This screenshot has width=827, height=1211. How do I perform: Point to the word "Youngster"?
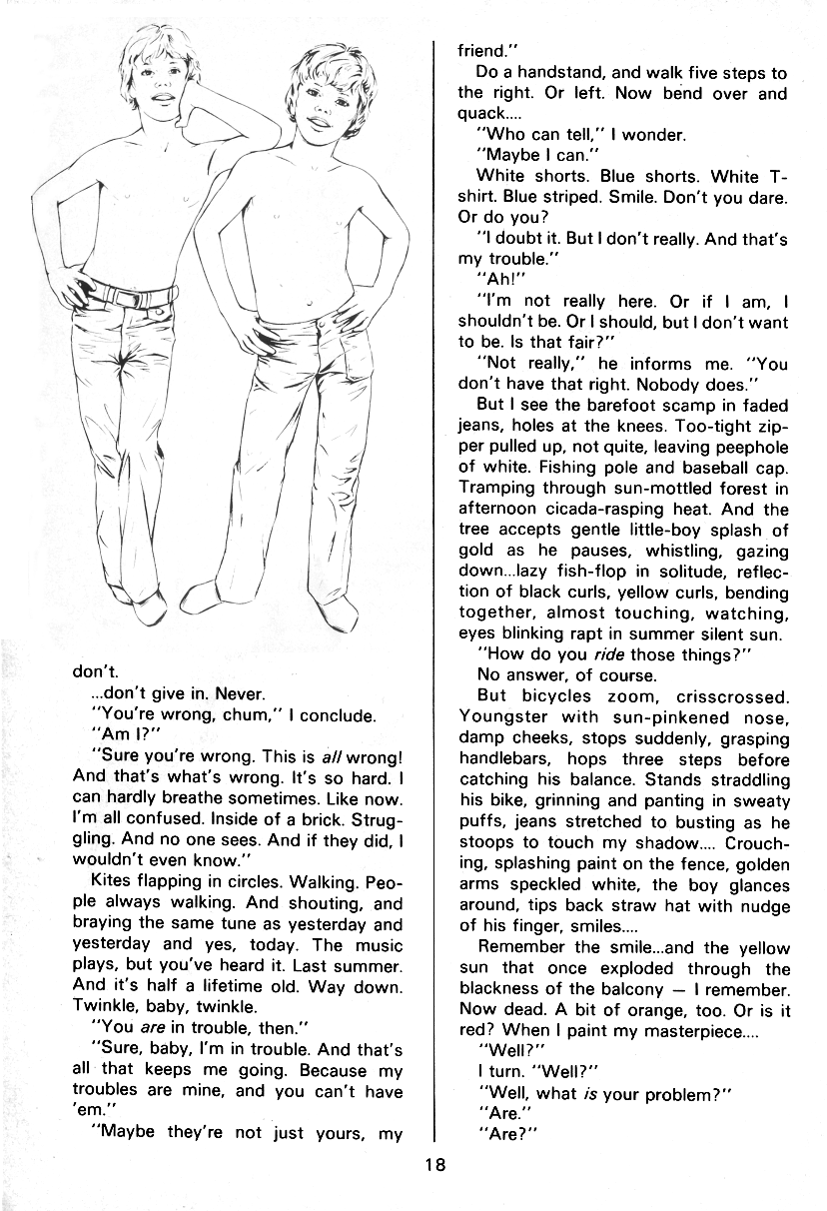(x=502, y=717)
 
